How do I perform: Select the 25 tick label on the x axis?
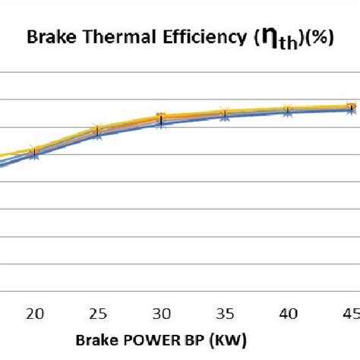pyautogui.click(x=96, y=313)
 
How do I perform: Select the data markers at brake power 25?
pyautogui.click(x=96, y=131)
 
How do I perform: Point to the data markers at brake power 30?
pyautogui.click(x=160, y=119)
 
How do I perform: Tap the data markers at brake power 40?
pyautogui.click(x=287, y=110)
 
